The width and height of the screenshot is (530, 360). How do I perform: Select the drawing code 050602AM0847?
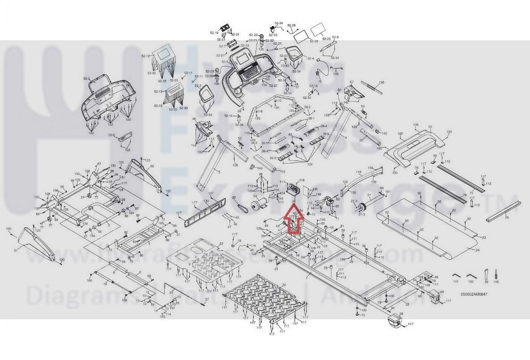[474, 294]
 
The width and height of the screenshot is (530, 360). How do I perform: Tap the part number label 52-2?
[86, 79]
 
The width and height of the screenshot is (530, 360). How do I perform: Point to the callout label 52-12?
[146, 56]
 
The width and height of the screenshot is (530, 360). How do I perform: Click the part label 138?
[381, 82]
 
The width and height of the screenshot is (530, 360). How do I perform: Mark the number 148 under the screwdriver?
[496, 282]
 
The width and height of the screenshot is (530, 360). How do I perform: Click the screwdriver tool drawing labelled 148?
[496, 274]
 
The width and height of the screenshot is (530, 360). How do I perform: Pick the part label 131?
[456, 282]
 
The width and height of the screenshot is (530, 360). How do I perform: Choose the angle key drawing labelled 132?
[470, 275]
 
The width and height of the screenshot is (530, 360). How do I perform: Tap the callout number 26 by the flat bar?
[507, 218]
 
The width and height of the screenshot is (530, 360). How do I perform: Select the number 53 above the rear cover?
[430, 127]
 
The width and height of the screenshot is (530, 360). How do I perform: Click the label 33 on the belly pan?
[220, 244]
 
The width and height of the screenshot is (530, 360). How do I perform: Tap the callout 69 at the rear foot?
[442, 292]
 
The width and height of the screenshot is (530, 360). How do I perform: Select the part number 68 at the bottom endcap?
[401, 314]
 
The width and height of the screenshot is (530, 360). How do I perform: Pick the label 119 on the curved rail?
[358, 172]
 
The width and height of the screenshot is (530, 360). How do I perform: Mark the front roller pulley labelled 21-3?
[362, 208]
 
